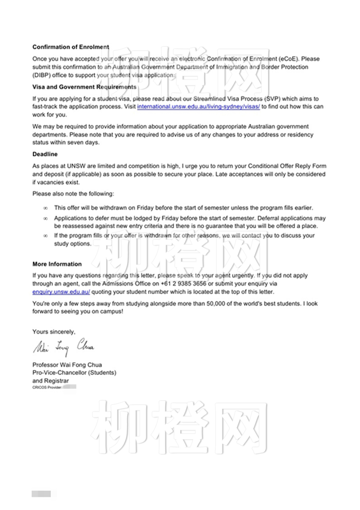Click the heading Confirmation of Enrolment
(71, 47)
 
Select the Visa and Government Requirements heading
(84, 87)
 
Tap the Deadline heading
(45, 154)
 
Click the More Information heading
(57, 264)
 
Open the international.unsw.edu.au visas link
(198, 107)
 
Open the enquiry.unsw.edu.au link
(61, 292)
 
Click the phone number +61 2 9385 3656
(183, 284)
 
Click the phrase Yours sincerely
(54, 332)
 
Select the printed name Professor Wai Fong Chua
(67, 365)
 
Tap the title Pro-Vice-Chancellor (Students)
(74, 373)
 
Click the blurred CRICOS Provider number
(69, 387)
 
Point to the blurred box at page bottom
(41, 494)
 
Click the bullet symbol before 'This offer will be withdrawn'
(46, 208)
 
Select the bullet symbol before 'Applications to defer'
(46, 218)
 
